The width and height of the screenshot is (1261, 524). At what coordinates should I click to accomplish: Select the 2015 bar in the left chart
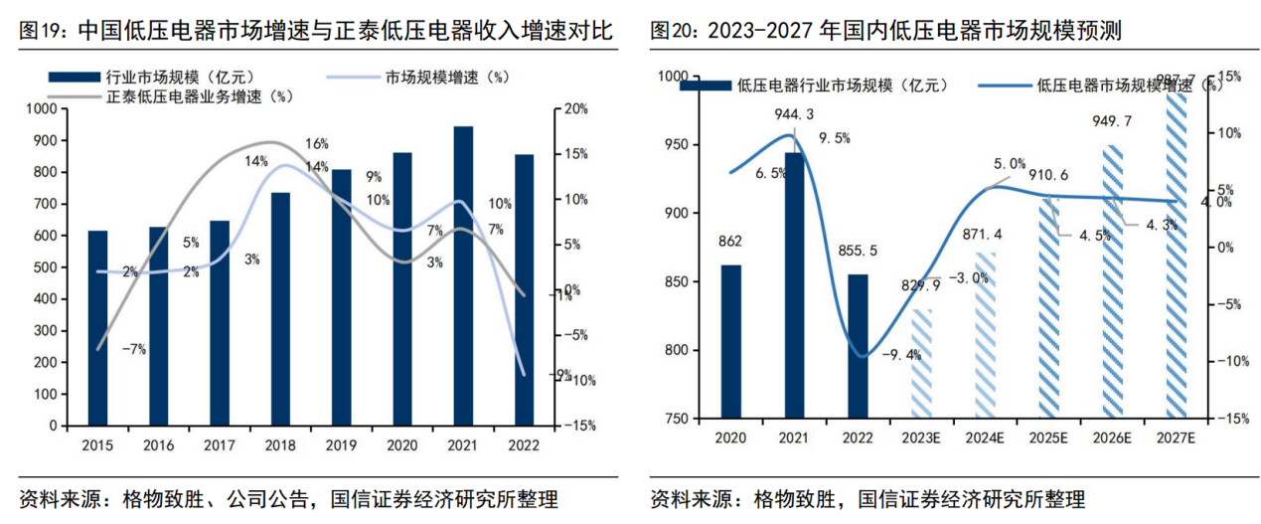pos(97,328)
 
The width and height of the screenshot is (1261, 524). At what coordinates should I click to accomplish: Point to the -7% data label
pos(134,349)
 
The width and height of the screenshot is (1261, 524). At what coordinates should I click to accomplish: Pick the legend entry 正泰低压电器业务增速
pos(194,96)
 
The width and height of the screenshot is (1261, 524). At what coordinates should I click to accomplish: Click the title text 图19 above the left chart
pos(42,32)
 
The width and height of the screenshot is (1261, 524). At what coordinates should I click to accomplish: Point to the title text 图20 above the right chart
pos(672,32)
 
